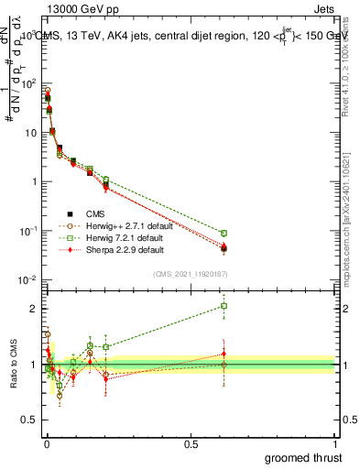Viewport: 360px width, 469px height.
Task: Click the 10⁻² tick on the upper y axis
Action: [x=27, y=279]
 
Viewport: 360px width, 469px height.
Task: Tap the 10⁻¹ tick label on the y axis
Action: [x=27, y=231]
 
